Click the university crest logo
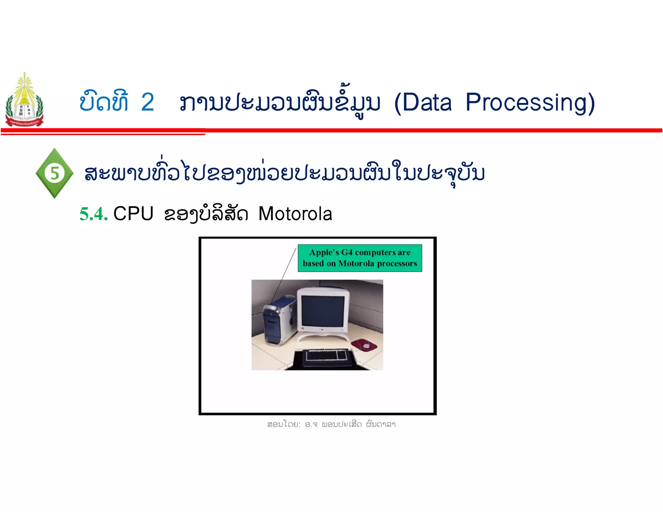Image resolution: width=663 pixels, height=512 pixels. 24,100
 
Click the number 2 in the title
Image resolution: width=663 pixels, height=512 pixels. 147,103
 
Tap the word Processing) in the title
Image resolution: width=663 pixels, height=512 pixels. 530,103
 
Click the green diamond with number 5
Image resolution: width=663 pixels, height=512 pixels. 54,173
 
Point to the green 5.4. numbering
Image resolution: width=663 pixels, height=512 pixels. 94,214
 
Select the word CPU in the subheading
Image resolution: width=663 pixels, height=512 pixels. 133,214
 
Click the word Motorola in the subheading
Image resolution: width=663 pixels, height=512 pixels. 295,214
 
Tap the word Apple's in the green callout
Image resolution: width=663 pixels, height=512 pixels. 324,252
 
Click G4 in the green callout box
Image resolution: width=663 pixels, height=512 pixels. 347,252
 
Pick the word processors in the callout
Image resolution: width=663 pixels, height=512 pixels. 397,263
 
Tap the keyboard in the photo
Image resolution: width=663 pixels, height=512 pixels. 326,355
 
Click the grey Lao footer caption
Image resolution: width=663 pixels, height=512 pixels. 331,424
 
